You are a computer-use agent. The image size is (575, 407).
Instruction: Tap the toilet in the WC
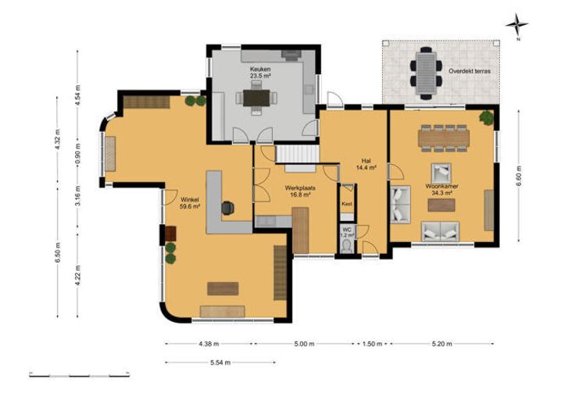click(x=347, y=246)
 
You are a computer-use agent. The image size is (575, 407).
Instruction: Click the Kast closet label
click(x=347, y=204)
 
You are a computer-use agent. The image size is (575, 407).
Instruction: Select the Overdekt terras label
click(x=470, y=71)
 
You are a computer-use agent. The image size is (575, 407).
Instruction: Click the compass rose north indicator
click(x=517, y=26)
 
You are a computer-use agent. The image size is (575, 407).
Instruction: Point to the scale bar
click(x=79, y=376)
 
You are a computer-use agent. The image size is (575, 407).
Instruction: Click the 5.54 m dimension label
click(x=220, y=362)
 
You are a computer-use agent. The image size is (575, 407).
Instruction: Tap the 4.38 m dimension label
click(x=209, y=344)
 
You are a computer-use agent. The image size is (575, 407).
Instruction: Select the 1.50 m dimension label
click(x=372, y=344)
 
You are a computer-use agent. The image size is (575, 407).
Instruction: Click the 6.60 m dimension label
click(x=519, y=176)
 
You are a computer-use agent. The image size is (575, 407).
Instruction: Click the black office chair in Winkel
click(x=227, y=208)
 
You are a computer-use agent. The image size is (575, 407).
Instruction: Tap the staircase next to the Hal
click(x=297, y=155)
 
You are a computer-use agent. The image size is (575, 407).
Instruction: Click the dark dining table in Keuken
click(x=256, y=98)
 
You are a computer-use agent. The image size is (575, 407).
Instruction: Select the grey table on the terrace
click(x=426, y=73)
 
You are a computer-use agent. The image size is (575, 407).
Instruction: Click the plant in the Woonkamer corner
click(x=486, y=117)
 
